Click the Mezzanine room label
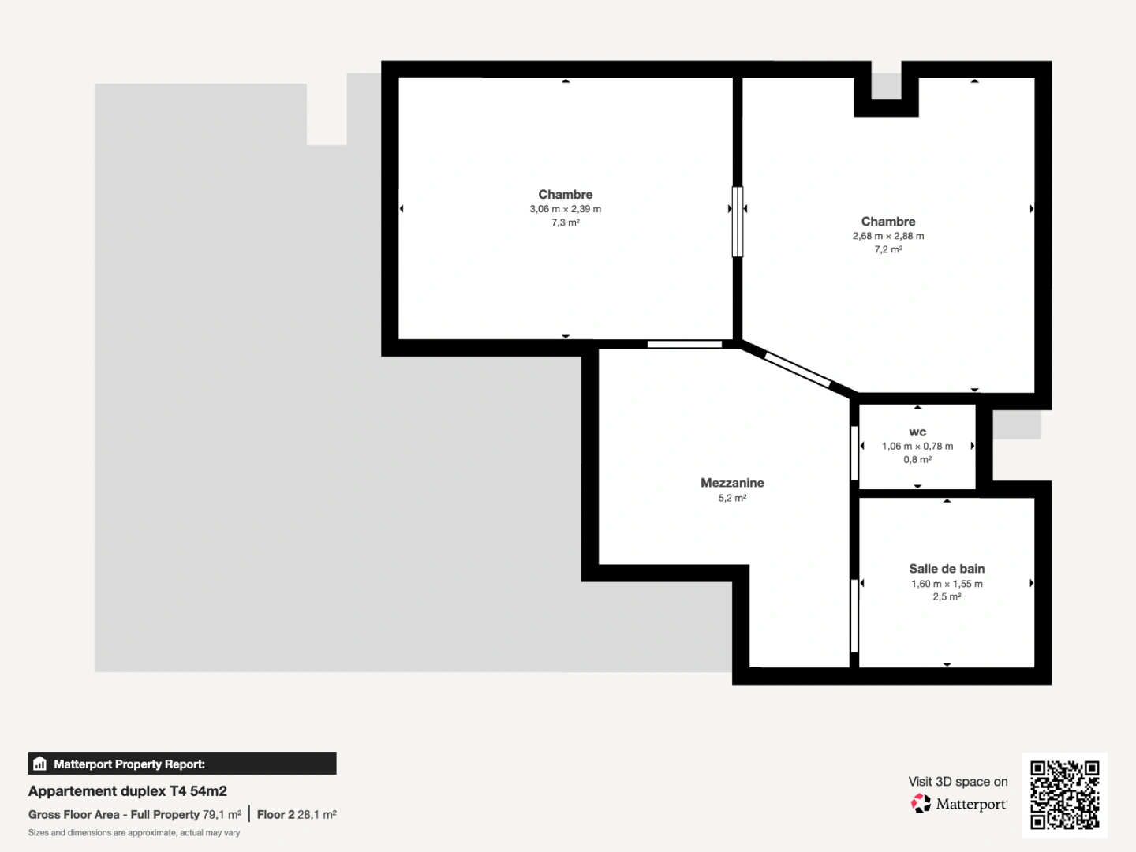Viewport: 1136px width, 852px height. (x=732, y=483)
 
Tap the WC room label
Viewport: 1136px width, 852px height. (x=917, y=432)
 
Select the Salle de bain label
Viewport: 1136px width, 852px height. (x=947, y=569)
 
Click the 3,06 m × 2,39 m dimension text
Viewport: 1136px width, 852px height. (x=565, y=209)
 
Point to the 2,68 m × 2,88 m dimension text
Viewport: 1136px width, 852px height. (x=887, y=236)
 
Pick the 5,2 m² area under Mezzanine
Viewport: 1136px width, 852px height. (x=732, y=499)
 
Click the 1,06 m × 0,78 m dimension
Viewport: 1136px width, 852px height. (x=917, y=447)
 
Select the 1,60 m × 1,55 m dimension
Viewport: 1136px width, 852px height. (x=947, y=584)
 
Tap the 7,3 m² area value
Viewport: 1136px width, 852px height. (x=565, y=223)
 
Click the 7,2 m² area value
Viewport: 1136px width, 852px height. (x=887, y=249)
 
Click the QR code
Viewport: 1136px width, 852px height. (x=1065, y=794)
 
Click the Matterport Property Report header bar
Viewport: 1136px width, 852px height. (x=182, y=764)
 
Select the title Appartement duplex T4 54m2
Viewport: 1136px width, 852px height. (x=128, y=791)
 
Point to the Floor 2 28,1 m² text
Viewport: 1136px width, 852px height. (x=297, y=815)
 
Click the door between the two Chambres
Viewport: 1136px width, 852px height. (x=738, y=222)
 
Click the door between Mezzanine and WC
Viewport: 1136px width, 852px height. (x=854, y=453)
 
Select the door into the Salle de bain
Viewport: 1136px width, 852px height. (x=854, y=616)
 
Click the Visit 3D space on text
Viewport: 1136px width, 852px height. (x=958, y=782)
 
